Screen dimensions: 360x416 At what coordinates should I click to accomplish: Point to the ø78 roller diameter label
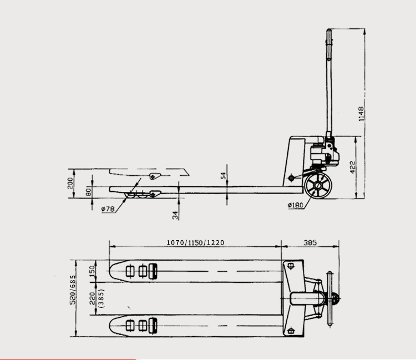tap(108, 209)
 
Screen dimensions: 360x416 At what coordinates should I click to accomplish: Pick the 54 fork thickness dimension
tap(224, 176)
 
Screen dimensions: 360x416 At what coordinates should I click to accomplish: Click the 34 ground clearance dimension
tap(175, 214)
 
